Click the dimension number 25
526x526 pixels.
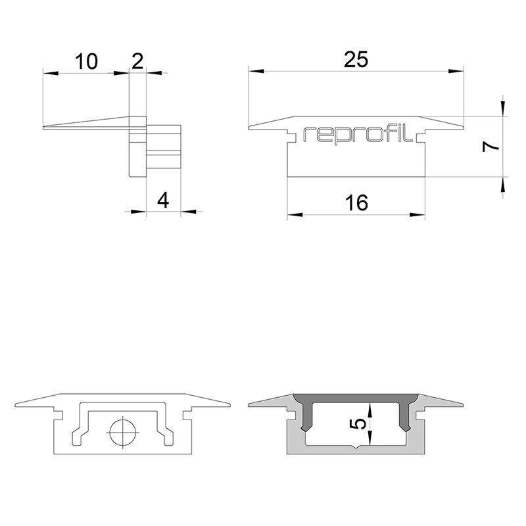click(x=356, y=59)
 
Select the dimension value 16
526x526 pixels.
click(x=356, y=203)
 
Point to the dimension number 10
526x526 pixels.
click(x=86, y=62)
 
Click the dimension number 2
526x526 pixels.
click(x=137, y=61)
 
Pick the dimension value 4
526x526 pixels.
click(x=163, y=200)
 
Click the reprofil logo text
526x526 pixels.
click(x=358, y=134)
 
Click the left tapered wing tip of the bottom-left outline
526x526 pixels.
click(x=16, y=404)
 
